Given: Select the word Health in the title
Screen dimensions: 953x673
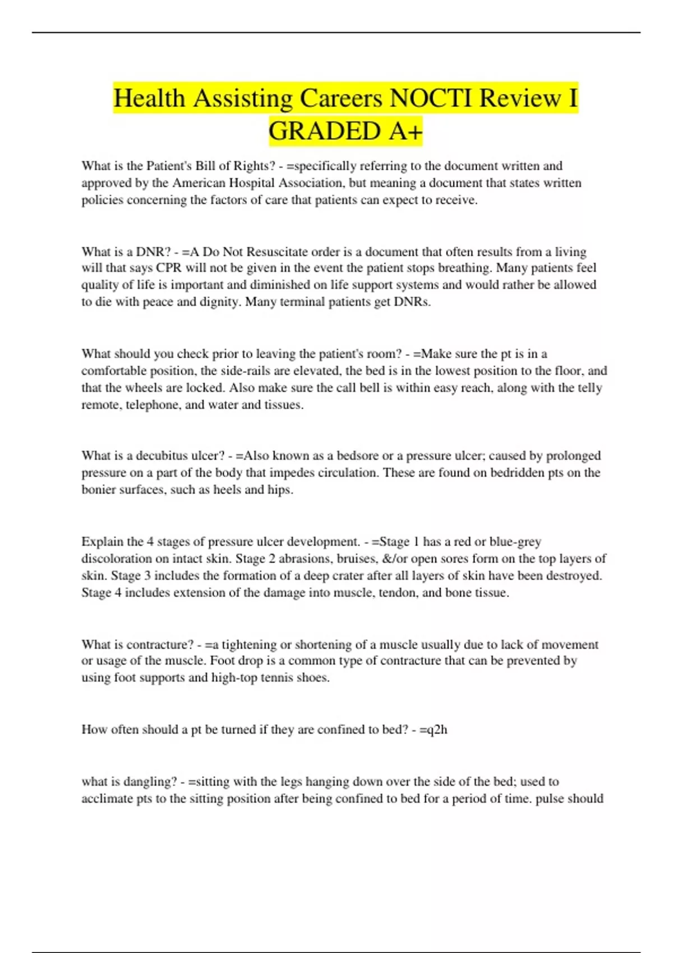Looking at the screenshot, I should click(149, 99).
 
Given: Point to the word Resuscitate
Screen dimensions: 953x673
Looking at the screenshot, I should click(278, 252).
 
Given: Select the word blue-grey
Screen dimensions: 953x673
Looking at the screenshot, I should click(515, 542).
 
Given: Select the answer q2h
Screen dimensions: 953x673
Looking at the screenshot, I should click(437, 730).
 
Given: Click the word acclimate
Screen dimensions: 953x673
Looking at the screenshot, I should click(107, 799).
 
